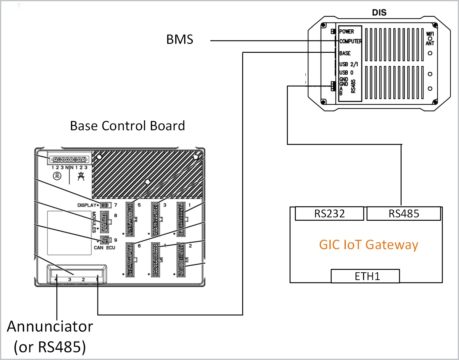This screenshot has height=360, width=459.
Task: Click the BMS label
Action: tap(180, 40)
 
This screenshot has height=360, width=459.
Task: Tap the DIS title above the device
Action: tap(379, 13)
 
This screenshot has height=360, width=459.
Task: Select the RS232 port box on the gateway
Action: tap(329, 214)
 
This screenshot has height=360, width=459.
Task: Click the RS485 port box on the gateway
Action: tap(403, 214)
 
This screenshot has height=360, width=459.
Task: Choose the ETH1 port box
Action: tap(365, 276)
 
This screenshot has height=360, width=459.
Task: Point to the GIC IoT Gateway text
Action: tap(369, 245)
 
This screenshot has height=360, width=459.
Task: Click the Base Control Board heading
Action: tap(127, 126)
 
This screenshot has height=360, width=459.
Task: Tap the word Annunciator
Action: tap(50, 327)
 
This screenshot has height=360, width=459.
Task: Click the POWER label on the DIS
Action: tap(346, 31)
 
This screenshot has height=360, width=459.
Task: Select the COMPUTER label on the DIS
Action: tap(350, 41)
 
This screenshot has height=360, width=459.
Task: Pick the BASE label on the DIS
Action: tap(345, 53)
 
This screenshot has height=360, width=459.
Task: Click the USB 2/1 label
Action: tap(349, 64)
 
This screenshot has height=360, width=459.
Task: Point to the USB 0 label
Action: tap(346, 73)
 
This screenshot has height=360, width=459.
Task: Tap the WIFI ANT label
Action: tap(430, 38)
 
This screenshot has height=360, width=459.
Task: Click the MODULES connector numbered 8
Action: tap(105, 222)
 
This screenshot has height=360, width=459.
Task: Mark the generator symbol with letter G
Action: tap(57, 176)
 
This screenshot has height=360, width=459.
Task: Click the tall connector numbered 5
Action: tap(130, 219)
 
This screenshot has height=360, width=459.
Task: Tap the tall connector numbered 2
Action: tap(181, 260)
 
